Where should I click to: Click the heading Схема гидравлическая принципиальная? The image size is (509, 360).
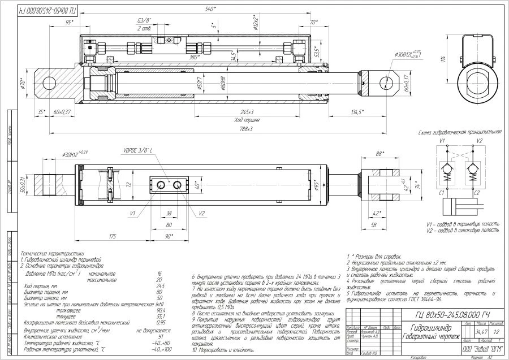click(x=460, y=132)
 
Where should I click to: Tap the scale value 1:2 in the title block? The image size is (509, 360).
click(x=497, y=331)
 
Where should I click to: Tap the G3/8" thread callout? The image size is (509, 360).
click(x=131, y=21)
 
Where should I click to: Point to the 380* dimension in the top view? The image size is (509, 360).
click(x=194, y=57)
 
